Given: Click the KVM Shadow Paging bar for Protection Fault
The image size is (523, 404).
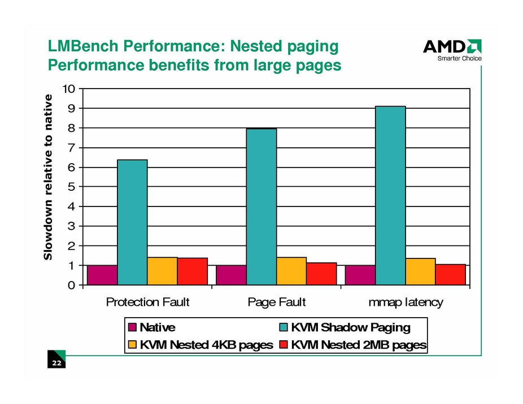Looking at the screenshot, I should coord(132,222).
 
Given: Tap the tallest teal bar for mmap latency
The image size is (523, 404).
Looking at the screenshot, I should coord(390,195).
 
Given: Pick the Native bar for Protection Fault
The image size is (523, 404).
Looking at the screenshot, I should coord(102,275).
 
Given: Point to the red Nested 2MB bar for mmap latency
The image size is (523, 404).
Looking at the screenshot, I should coord(450,274).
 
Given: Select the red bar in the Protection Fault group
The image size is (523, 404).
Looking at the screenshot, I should coord(192,271).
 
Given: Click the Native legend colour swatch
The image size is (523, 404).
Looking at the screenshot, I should coord(133,327).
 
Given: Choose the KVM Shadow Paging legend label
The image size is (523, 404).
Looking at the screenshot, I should coord(351,327).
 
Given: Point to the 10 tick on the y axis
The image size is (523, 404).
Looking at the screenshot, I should coord(69,89).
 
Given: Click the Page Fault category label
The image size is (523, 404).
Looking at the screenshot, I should coord(277,302).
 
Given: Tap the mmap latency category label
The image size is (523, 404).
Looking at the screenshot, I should coord(406,302).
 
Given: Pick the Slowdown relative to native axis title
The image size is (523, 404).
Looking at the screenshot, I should coord(49,177).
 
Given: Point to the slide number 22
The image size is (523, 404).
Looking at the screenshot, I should coord(56,364).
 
